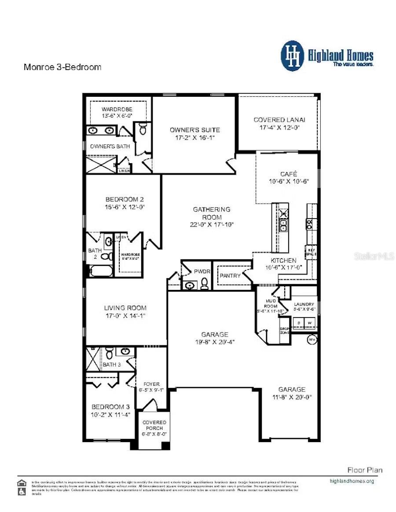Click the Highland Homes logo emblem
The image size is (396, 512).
click(293, 55)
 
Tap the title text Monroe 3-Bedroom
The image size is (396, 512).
click(62, 67)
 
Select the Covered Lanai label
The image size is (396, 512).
click(279, 120)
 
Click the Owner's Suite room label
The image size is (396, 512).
click(195, 130)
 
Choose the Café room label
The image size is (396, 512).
click(289, 174)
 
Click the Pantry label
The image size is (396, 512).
click(230, 276)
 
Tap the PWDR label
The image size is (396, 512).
click(202, 271)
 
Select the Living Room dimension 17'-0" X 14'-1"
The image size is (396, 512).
click(125, 315)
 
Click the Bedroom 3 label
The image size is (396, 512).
click(110, 407)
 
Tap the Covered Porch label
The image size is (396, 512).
click(154, 425)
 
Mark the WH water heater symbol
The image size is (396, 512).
click(312, 340)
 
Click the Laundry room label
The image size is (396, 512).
click(304, 304)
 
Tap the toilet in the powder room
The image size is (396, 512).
click(204, 285)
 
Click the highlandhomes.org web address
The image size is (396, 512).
click(352, 481)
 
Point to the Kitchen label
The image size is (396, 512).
click(283, 260)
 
